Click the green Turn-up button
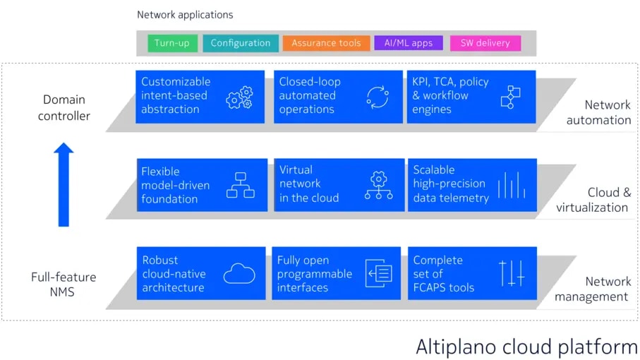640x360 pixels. coord(172,43)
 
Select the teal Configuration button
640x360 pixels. coord(240,43)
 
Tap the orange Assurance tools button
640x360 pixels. coord(325,43)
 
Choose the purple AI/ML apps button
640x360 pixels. coord(409,43)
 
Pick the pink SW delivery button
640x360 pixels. coord(485,43)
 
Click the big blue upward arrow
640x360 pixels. coord(64,184)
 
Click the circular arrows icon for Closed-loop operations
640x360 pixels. coord(378,97)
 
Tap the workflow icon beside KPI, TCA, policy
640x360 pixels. coord(510,97)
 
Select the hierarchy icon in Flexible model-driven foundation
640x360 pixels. coord(240,185)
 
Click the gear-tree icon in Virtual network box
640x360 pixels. coord(378,185)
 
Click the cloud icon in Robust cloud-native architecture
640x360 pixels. coord(239,274)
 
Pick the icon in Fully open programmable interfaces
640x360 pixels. coord(378,274)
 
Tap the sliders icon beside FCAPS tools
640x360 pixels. coord(512,273)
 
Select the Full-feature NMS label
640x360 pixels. coord(64,284)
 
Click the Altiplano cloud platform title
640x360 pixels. coord(526,347)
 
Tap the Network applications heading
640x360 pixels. coord(185,14)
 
